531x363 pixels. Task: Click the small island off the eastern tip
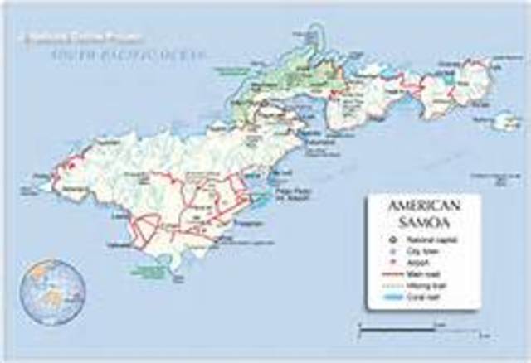(x=505, y=122)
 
